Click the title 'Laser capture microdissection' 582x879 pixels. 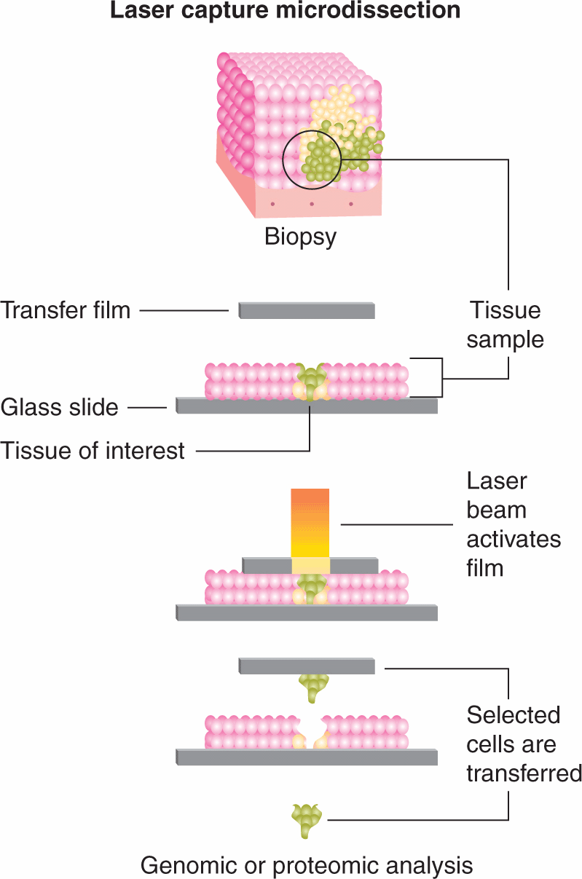coord(286,11)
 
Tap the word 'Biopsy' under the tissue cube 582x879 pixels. coord(300,237)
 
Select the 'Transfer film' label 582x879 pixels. coord(66,310)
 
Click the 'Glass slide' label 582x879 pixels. coord(60,407)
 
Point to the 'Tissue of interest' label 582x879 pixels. coord(93,451)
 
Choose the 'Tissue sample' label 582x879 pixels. coord(505,325)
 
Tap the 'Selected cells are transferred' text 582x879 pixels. coord(523,744)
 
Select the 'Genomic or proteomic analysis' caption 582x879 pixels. coord(307,866)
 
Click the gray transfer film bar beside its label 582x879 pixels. coord(307,311)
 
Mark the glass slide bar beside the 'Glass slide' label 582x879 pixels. coord(307,406)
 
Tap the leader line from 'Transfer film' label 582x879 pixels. coord(184,311)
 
